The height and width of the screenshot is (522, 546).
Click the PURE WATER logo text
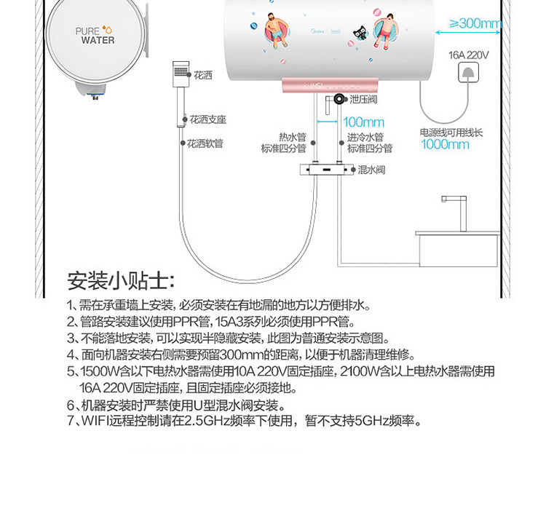[95, 36]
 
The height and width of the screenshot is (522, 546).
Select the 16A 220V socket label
[469, 55]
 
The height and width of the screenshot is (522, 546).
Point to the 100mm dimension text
[363, 122]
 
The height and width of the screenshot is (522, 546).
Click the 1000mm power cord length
[445, 144]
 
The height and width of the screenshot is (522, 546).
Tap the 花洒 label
[203, 75]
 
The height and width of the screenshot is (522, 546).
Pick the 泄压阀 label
[363, 99]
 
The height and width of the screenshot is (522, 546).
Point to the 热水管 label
[292, 137]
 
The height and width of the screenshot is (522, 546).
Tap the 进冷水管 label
[365, 137]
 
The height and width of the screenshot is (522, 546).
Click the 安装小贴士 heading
[120, 280]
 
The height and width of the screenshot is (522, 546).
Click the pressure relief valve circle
[339, 99]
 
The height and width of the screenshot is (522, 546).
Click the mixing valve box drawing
[325, 170]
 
